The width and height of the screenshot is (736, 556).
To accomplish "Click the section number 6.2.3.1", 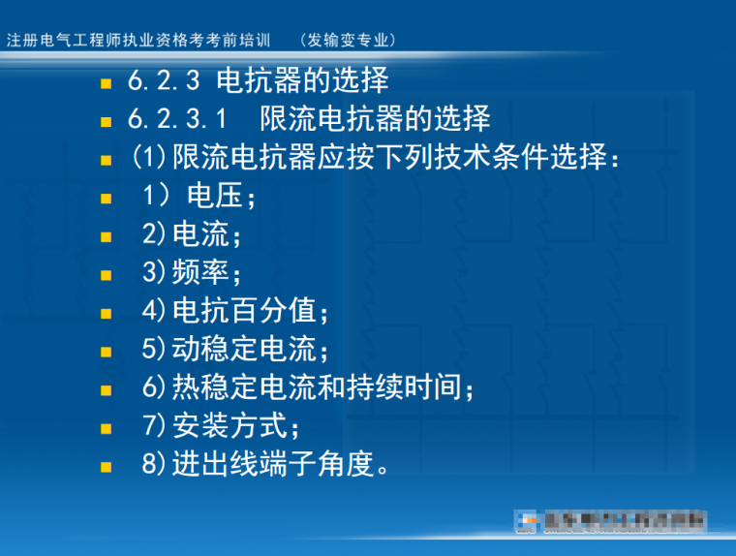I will (177, 119).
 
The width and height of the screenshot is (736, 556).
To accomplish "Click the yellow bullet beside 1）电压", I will (106, 199).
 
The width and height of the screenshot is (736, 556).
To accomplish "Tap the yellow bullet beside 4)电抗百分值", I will (106, 313).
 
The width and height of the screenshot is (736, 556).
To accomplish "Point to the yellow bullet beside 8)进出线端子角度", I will (106, 466).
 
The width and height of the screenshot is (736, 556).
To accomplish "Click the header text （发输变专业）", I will (349, 40).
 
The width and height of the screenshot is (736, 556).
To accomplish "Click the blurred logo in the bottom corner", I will (610, 522).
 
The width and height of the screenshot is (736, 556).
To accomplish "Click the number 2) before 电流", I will (155, 234).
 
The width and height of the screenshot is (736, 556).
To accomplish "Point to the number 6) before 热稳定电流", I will (155, 387).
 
